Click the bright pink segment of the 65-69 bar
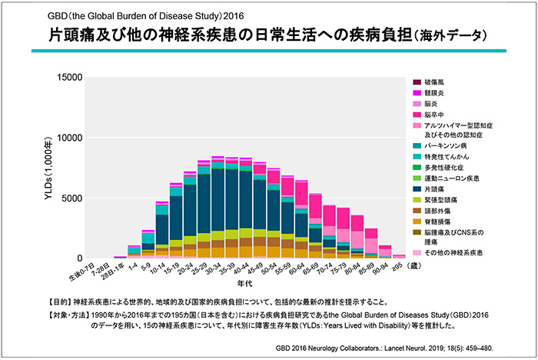pos(315,206)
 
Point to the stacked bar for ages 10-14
pos(162,231)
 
